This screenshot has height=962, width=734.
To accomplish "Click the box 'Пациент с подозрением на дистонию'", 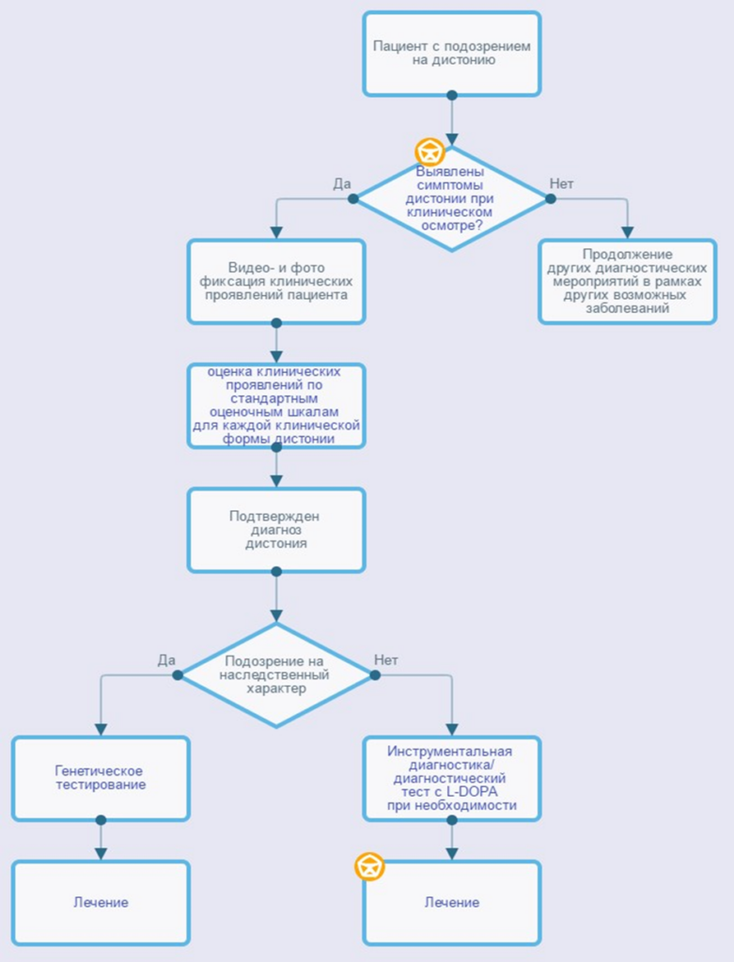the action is click(x=452, y=54).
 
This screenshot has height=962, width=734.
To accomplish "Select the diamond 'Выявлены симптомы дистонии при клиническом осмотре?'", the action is click(x=452, y=199).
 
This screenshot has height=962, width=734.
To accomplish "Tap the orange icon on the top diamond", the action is click(x=429, y=151).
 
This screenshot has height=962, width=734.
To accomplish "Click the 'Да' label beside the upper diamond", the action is click(x=342, y=184).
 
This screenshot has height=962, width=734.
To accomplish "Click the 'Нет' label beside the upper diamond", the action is click(x=562, y=184).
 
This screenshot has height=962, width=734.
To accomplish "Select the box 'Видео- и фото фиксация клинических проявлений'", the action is click(x=276, y=282).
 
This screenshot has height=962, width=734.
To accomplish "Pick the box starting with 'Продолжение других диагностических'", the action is click(x=627, y=282).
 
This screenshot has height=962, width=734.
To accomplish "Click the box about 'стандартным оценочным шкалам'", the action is click(x=276, y=406).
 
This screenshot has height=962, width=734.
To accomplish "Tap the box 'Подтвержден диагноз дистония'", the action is click(x=276, y=530).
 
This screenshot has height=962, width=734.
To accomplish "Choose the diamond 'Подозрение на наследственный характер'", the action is click(x=276, y=675).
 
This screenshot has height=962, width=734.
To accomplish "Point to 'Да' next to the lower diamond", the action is click(x=166, y=660).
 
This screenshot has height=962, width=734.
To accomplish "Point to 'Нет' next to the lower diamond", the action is click(x=386, y=660).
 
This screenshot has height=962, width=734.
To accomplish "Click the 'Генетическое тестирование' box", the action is click(x=101, y=779).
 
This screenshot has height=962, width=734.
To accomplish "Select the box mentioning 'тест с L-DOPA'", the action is click(x=452, y=779).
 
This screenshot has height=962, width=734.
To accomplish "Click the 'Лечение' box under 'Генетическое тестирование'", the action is click(x=101, y=903).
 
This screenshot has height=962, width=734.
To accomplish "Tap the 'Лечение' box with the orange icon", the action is click(x=452, y=903).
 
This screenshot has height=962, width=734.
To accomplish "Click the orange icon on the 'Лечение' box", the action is click(x=369, y=867).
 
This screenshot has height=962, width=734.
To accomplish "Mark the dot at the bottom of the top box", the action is click(x=452, y=95).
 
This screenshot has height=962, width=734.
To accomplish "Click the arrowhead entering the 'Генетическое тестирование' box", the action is click(x=101, y=729).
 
